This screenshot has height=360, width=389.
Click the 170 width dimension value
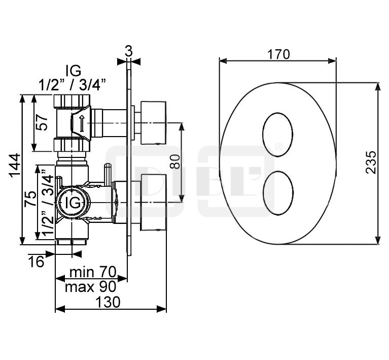tap(278, 54)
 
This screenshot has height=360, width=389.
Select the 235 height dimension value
tap(371, 162)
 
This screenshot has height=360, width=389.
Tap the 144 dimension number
tap(15, 166)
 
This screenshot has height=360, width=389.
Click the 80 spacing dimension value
tap(175, 162)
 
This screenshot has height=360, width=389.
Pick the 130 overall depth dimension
tap(108, 302)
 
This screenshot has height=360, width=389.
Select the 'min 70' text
tap(93, 272)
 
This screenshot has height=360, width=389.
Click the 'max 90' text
tap(90, 287)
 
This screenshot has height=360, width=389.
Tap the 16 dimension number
tap(36, 261)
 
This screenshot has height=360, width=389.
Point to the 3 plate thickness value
tap(128, 51)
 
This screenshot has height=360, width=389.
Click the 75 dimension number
tap(30, 198)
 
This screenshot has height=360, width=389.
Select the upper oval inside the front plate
tap(278, 135)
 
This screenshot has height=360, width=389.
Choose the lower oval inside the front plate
tap(278, 193)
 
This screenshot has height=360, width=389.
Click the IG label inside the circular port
tap(73, 203)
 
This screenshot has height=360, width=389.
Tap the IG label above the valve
tap(74, 71)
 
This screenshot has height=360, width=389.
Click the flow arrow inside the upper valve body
tap(82, 123)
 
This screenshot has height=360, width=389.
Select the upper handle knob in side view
tap(153, 123)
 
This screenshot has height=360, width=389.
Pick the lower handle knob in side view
tap(153, 203)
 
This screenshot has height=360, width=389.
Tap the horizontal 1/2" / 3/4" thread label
tap(73, 85)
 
